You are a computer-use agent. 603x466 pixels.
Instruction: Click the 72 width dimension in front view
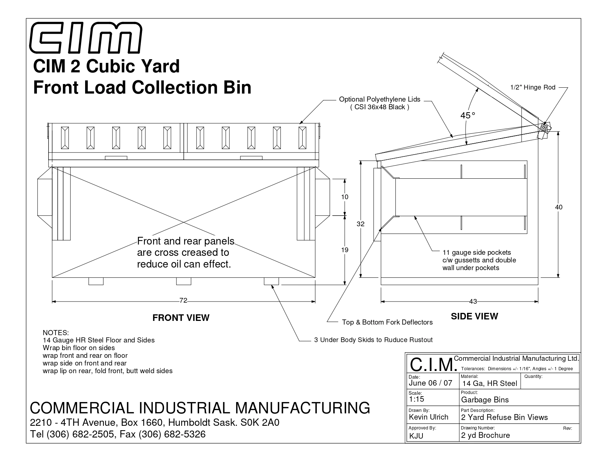pos(183,300)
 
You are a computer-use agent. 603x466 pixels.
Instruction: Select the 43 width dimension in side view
pos(473,301)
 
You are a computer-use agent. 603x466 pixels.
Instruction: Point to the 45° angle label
pos(468,115)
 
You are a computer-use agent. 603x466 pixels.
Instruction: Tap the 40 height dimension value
pos(559,207)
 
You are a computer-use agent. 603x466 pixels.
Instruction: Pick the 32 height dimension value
pos(360,224)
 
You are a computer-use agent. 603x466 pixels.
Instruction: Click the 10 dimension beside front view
pos(345,197)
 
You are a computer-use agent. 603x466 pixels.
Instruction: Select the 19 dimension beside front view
pos(345,250)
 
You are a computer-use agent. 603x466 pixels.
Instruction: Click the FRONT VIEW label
pos(181,318)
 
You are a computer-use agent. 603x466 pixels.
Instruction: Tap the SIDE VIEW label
pos(474,317)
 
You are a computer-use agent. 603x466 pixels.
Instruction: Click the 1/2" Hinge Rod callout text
pos(532,87)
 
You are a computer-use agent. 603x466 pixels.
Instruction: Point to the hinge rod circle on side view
pos(544,127)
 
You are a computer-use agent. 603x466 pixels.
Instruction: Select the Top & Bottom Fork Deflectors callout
pos(387,322)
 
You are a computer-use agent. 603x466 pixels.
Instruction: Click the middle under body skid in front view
pos(183,281)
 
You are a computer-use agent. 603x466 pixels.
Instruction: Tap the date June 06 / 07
pos(431,383)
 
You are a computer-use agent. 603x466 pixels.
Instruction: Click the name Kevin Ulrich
pos(428,417)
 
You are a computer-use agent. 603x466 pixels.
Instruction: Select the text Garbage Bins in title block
pos(485,400)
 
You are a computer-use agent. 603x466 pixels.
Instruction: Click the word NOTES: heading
pos(56,333)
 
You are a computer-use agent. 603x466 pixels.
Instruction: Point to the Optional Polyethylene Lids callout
pos(379,103)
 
